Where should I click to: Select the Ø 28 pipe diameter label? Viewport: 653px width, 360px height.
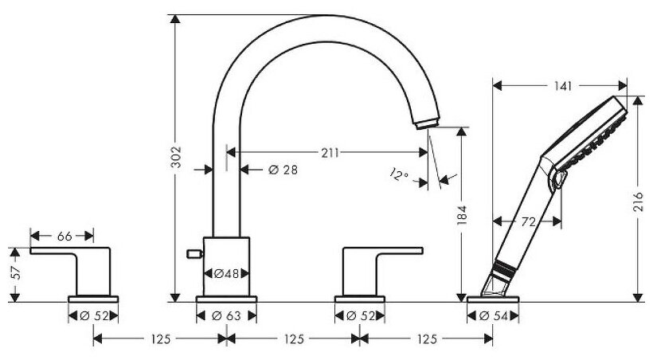coord(272,169)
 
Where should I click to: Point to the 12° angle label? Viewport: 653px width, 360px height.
coord(399,174)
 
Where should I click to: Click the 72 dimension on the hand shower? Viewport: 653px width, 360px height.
coord(527,222)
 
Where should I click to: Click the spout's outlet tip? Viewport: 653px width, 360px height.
coord(427,120)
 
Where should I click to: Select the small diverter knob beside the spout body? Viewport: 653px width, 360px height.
coord(191,254)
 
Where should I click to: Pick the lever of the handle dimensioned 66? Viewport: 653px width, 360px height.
coord(64,252)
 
